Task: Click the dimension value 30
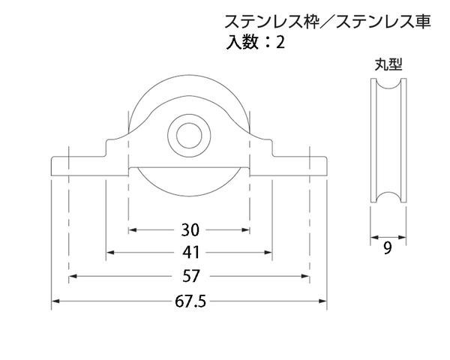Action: tap(190, 230)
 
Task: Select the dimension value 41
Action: tap(190, 253)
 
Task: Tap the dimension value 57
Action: tap(191, 276)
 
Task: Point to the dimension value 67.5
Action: tap(190, 301)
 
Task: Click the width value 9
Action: tap(388, 247)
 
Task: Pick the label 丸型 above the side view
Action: tap(388, 64)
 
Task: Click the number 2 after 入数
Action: tap(280, 43)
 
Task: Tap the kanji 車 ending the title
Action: tap(423, 22)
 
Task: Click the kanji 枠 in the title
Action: tap(312, 22)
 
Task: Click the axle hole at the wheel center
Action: tap(188, 136)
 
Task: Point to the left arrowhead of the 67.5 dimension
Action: tap(55, 301)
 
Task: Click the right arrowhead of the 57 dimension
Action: tap(305, 276)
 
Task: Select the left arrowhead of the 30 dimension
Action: tap(132, 230)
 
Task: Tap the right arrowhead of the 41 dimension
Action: tap(268, 253)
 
